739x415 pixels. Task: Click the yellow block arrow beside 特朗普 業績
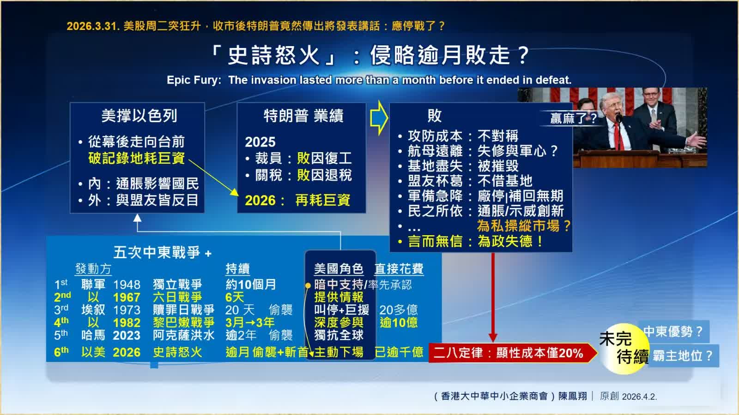[x=379, y=118]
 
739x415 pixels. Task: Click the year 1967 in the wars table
[x=127, y=297]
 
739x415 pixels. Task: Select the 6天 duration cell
[x=234, y=297]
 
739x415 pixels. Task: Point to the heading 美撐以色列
[x=139, y=116]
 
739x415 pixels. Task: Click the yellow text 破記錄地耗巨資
[x=137, y=158]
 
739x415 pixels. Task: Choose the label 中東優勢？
[x=673, y=332]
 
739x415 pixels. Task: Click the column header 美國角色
[x=339, y=269]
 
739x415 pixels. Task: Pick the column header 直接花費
[x=399, y=269]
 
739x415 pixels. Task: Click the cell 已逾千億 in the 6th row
[x=399, y=352]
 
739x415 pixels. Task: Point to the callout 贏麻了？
[x=574, y=119]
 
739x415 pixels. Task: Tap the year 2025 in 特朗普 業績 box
[x=260, y=142]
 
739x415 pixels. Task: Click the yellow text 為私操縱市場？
[x=524, y=226]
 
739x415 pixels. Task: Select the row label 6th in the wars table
[x=61, y=352]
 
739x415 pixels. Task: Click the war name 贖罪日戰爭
[x=183, y=310]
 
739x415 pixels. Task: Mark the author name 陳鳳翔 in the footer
[x=573, y=396]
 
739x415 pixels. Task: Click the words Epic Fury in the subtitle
[x=193, y=80]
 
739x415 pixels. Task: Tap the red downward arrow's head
[x=493, y=337]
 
